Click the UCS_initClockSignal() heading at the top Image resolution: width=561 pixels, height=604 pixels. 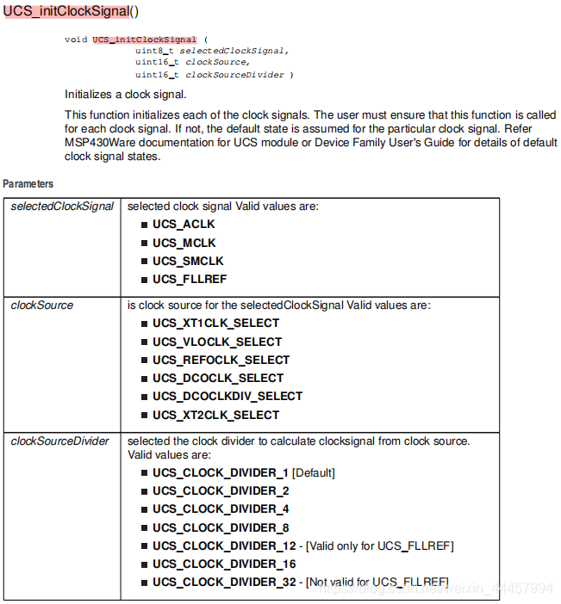coord(71,13)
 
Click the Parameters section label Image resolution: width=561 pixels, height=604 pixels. coord(28,184)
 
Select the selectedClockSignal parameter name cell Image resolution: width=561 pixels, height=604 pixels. coord(62,206)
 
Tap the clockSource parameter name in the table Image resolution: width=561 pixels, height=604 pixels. coord(42,305)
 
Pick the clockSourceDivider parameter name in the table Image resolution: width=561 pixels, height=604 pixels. coord(60,441)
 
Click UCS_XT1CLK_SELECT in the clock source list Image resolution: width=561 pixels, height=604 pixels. coord(215,324)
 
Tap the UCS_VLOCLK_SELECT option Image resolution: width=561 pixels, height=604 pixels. coord(217,342)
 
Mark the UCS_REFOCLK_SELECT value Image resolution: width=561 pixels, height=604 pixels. coord(221,360)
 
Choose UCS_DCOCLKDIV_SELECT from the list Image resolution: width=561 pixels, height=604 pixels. coord(228,396)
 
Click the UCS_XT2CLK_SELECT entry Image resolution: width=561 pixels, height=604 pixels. coord(215,415)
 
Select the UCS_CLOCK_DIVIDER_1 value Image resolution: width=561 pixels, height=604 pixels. coord(221,472)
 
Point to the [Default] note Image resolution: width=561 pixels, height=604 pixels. coord(314,472)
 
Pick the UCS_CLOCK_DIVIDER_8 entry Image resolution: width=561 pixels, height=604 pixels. coord(221,527)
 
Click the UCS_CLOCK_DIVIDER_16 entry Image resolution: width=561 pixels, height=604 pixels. coord(224,564)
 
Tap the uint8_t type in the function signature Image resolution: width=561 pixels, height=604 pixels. coord(155,51)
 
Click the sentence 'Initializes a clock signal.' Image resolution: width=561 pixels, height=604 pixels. coord(125,94)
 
